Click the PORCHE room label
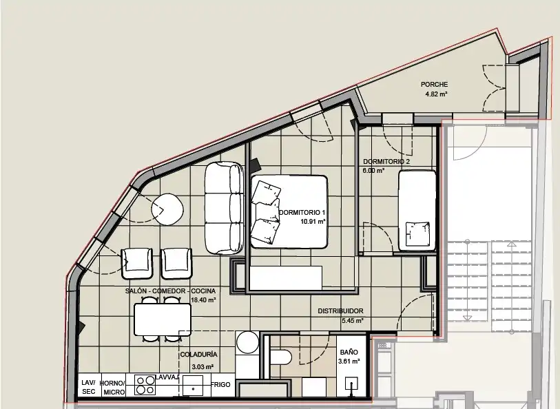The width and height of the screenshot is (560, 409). point(434,85)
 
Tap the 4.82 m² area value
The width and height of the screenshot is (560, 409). point(436,94)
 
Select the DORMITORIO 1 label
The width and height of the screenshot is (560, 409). point(302,213)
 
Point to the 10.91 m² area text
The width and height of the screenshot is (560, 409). point(313,221)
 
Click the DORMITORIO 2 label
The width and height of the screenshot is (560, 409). point(386,162)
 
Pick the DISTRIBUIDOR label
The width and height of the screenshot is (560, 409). point(340,311)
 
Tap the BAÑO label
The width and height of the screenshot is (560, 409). point(349,353)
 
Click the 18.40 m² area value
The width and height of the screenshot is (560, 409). point(203,300)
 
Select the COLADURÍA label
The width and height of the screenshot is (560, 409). point(198,355)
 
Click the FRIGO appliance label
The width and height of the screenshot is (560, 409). point(220,385)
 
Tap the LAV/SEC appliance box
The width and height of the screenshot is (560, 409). point(90,385)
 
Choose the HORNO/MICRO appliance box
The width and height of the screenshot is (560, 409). point(113,385)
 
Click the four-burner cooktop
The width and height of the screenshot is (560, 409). point(145,385)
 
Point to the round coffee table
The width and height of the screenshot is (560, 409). point(167,209)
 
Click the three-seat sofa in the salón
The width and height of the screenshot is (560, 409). point(224,208)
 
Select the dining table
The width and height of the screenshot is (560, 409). point(163,319)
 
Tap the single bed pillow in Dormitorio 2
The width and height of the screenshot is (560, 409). point(417,234)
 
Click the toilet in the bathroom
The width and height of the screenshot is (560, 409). point(281,357)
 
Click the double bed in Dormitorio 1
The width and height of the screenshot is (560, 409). point(289,211)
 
